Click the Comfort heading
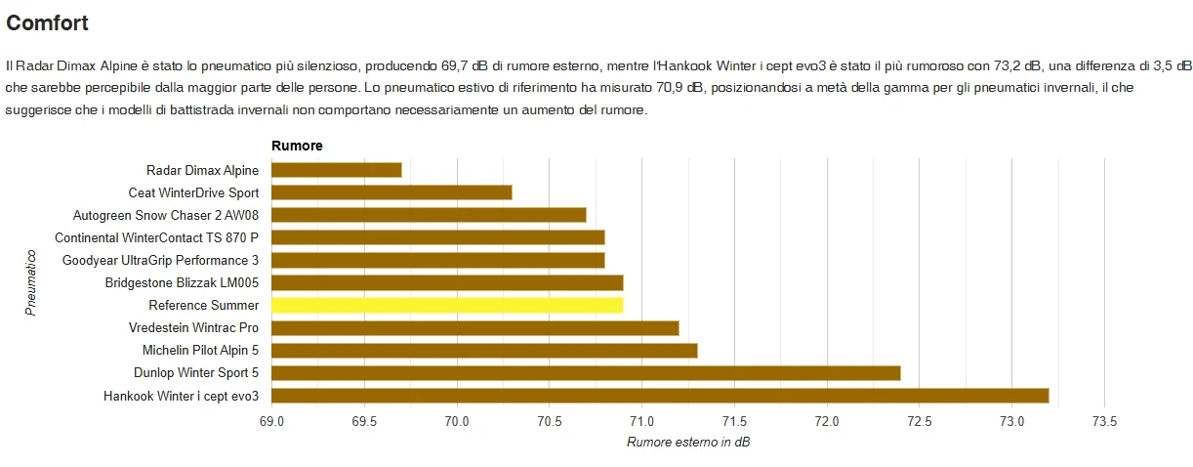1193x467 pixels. [47, 22]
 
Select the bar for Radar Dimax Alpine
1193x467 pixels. [336, 170]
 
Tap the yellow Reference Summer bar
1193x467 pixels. [447, 305]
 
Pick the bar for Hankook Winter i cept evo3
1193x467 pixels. [659, 396]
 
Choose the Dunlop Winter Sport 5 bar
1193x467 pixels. [586, 372]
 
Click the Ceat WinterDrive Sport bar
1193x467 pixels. [391, 192]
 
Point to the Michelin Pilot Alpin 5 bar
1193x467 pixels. [484, 350]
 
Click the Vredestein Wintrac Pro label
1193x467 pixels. [193, 327]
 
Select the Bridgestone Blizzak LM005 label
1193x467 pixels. [182, 282]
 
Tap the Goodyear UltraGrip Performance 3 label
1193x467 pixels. [160, 260]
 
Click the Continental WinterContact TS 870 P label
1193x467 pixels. [156, 237]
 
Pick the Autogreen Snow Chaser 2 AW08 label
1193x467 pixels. [166, 215]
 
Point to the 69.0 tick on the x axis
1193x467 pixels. [271, 422]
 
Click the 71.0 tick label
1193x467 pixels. [641, 422]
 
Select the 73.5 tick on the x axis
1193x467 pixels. [1104, 422]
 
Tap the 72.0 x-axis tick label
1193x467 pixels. [827, 422]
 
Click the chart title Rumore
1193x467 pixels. [297, 146]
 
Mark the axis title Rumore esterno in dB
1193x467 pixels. [688, 443]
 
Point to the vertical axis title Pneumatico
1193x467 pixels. [31, 282]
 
